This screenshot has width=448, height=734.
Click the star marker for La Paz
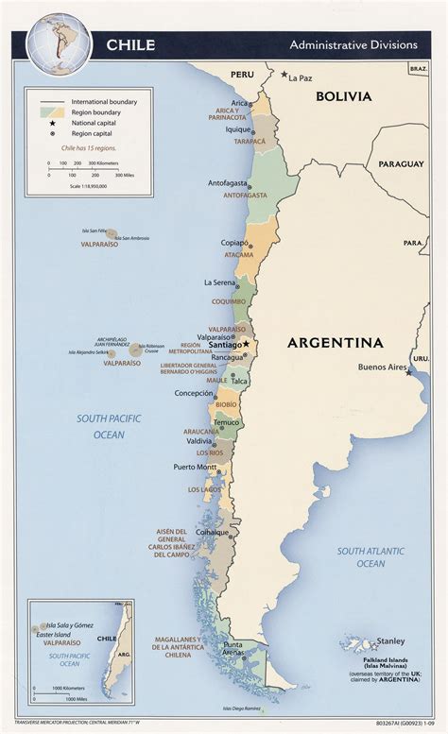[x=283, y=75]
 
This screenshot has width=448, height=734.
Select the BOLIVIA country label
[x=344, y=96]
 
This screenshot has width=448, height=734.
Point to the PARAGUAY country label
[x=401, y=163]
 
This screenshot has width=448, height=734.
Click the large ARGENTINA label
[x=336, y=342]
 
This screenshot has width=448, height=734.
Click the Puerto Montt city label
[x=195, y=467]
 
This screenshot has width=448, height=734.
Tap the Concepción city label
[x=194, y=393]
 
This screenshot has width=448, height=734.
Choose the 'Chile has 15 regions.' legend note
[x=89, y=148]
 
